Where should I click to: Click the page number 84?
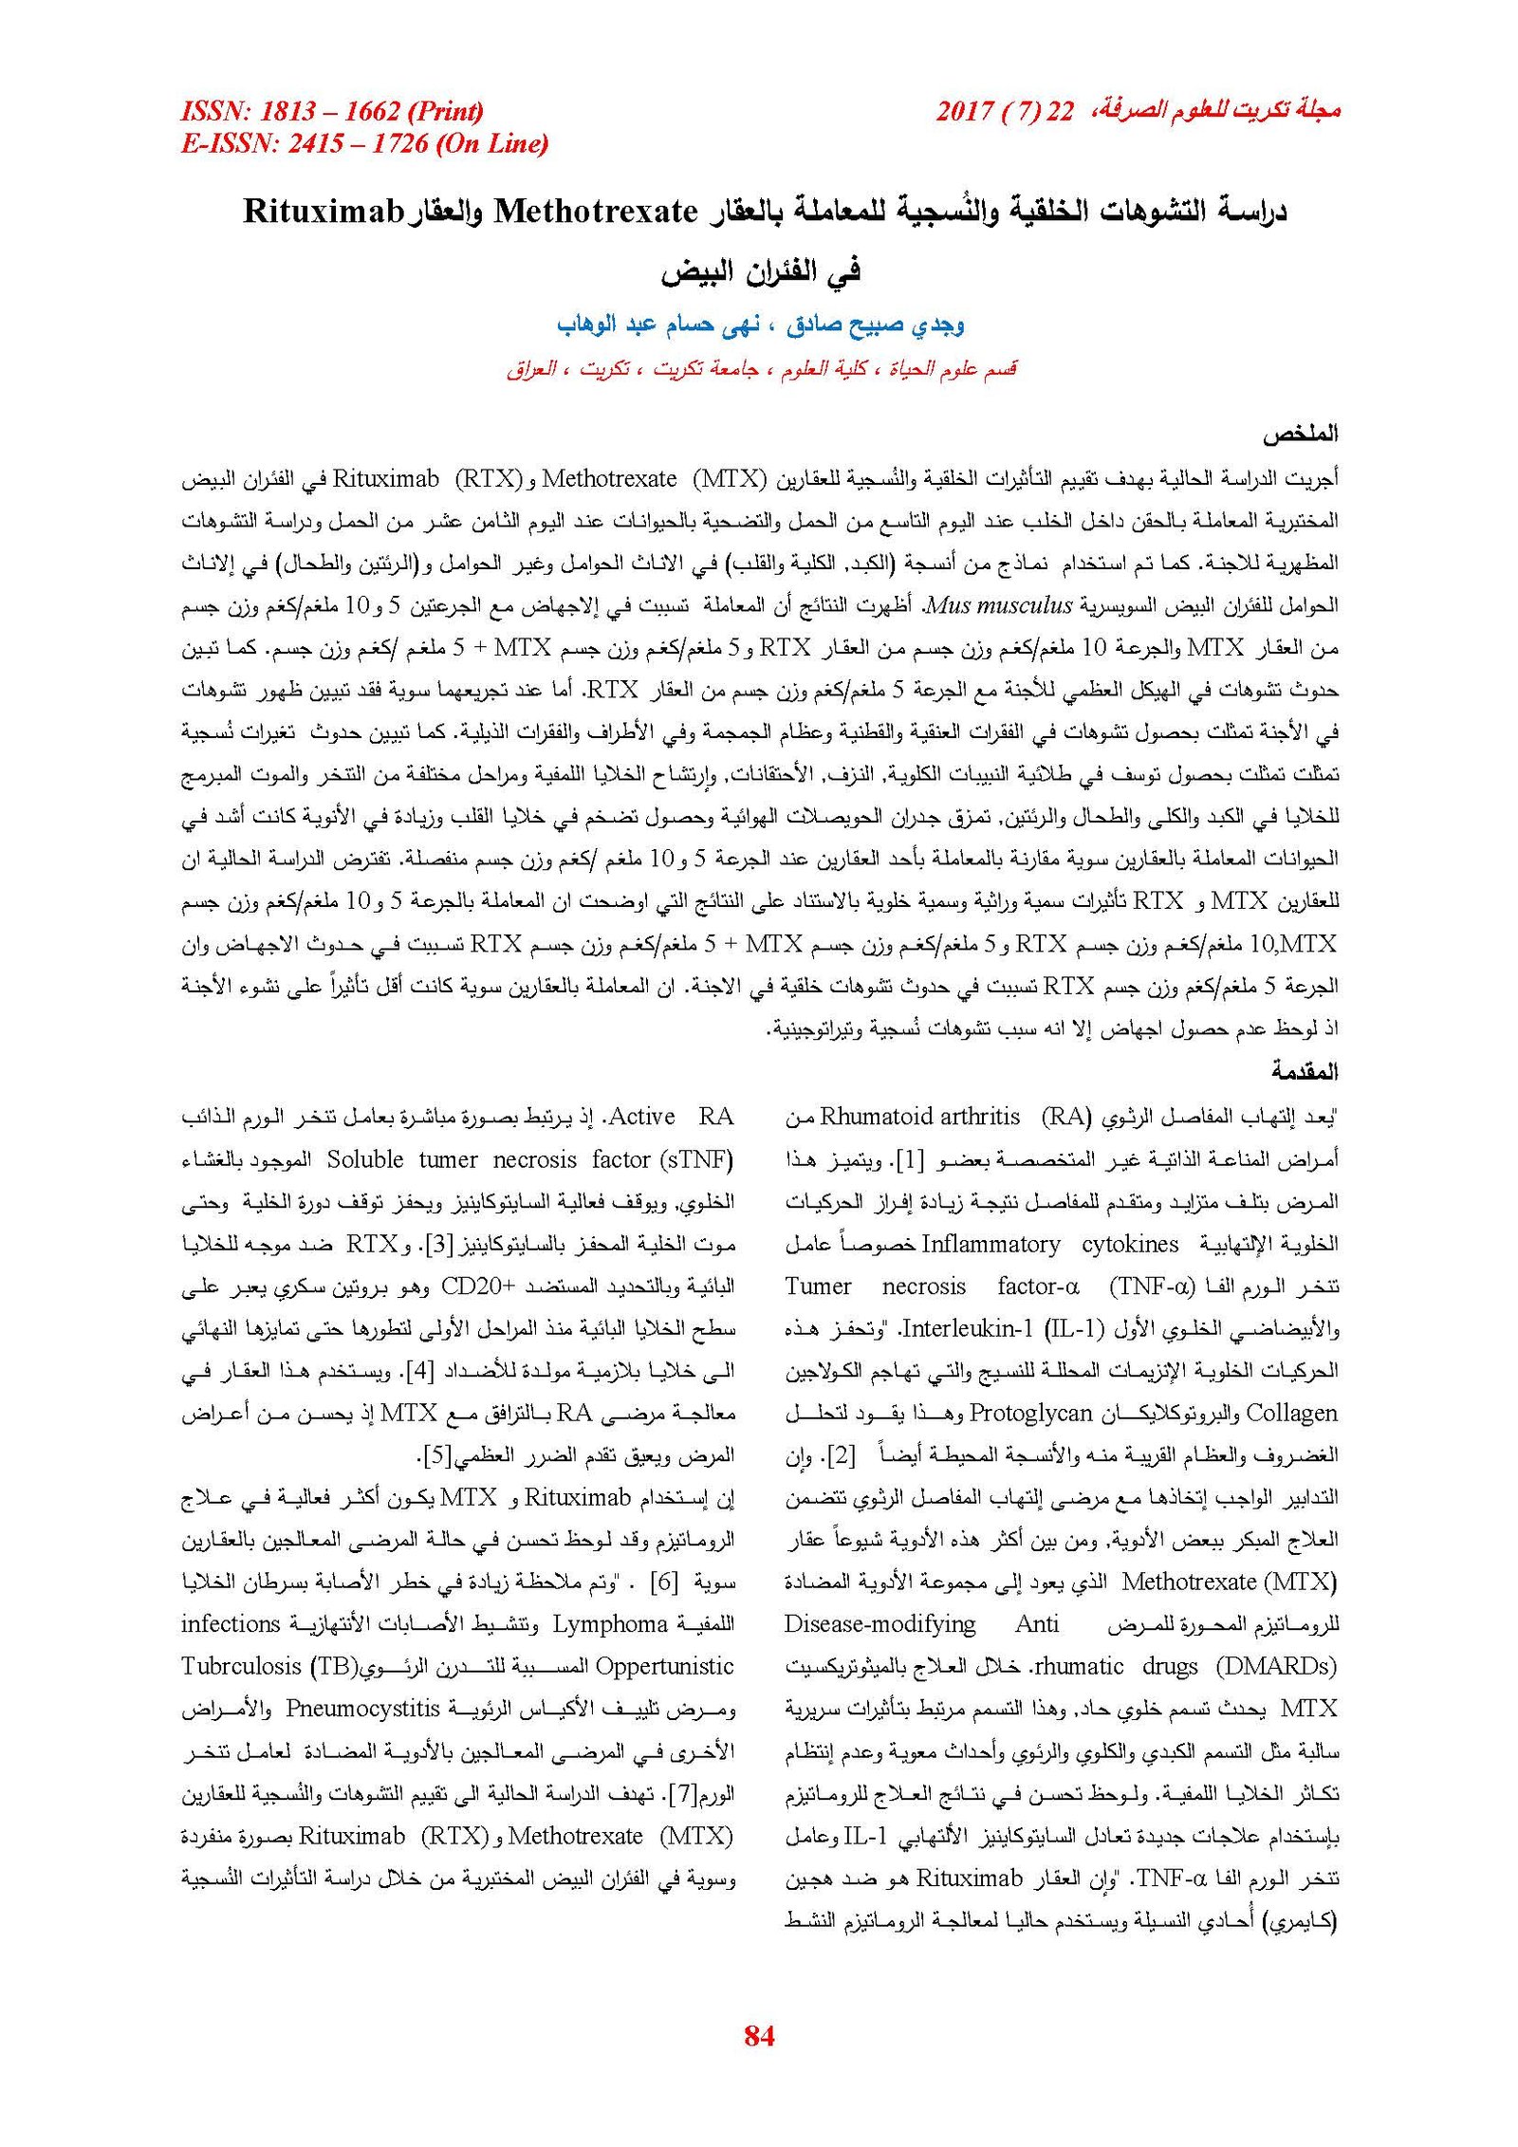point(759,2034)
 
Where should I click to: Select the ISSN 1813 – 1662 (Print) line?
point(332,112)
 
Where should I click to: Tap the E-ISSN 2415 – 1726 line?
point(364,143)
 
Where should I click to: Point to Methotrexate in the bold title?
point(596,211)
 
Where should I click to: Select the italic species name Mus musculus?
point(998,604)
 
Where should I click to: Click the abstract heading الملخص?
point(1299,435)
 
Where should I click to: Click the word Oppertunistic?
point(664,1666)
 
